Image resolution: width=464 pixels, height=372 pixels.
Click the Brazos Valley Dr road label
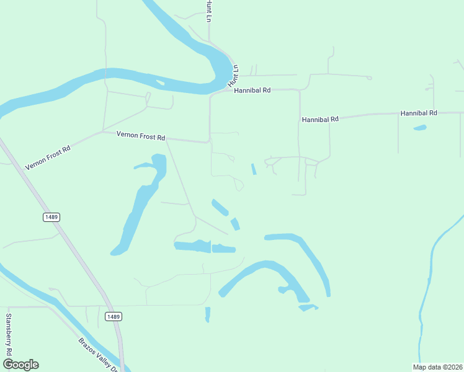pyautogui.click(x=98, y=355)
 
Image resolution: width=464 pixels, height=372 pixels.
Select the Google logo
pyautogui.click(x=20, y=365)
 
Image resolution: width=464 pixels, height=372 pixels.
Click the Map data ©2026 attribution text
pyautogui.click(x=437, y=367)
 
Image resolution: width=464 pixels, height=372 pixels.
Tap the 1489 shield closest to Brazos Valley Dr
pyautogui.click(x=112, y=317)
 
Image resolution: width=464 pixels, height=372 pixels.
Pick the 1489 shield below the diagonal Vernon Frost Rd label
pyautogui.click(x=51, y=217)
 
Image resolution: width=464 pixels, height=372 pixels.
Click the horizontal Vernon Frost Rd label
pyautogui.click(x=141, y=136)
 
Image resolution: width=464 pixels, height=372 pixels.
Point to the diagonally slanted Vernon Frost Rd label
pyautogui.click(x=48, y=158)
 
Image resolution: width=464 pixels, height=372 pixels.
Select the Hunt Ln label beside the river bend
pyautogui.click(x=233, y=75)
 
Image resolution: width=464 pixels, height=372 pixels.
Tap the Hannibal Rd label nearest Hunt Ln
pyautogui.click(x=252, y=91)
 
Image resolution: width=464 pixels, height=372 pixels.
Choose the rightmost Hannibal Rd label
pyautogui.click(x=419, y=113)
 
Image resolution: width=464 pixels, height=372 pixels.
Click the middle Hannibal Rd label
pyautogui.click(x=320, y=119)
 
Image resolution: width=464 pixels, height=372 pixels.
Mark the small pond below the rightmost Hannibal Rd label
pyautogui.click(x=420, y=128)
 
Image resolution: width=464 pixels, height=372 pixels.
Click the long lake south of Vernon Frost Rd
pyautogui.click(x=140, y=205)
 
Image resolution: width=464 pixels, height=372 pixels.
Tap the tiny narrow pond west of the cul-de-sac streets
pyautogui.click(x=253, y=169)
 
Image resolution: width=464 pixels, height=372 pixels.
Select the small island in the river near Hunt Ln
pyautogui.click(x=160, y=81)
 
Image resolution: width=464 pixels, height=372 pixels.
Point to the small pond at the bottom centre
pyautogui.click(x=207, y=314)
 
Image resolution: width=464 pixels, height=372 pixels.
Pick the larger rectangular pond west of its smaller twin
pyautogui.click(x=192, y=246)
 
